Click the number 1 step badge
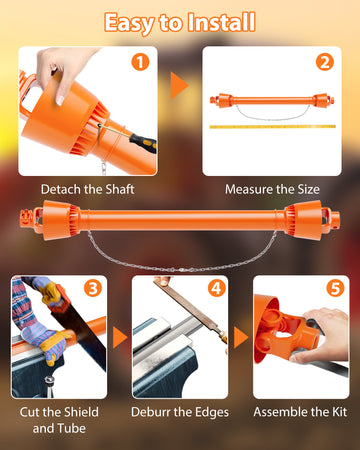140,62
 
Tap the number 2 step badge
325,62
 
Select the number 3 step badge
93,288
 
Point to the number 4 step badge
217,288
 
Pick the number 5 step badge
335,288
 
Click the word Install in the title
222,22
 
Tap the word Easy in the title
129,24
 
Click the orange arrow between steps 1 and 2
179,86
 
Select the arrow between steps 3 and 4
120,337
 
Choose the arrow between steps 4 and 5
241,337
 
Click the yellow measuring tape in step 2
273,127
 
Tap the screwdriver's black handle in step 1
143,142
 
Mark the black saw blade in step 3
80,333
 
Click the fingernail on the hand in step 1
60,100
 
